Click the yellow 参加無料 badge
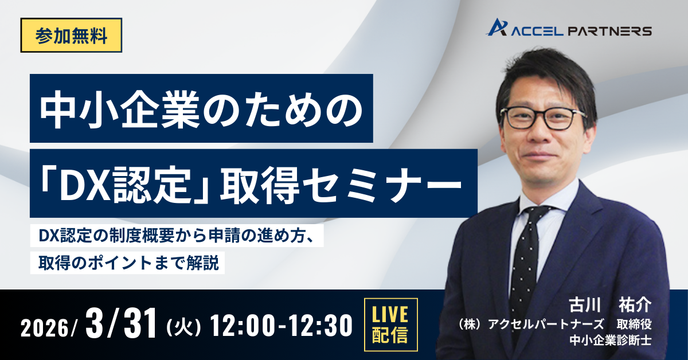(x=71, y=36)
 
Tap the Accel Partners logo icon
(x=497, y=28)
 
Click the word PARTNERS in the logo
(x=610, y=32)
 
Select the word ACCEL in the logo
(x=537, y=32)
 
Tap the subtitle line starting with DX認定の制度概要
(x=177, y=236)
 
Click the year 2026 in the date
(x=45, y=328)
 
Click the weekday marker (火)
(x=183, y=327)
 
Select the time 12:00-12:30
(x=281, y=326)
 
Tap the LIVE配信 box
(x=390, y=324)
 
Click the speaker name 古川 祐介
(x=610, y=306)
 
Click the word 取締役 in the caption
(x=634, y=324)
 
